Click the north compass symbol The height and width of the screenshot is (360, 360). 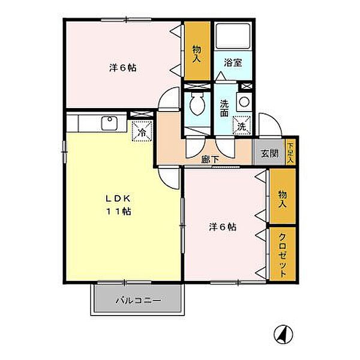pyautogui.click(x=284, y=334)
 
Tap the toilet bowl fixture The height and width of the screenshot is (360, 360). pyautogui.click(x=197, y=104)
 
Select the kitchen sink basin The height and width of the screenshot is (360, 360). pyautogui.click(x=110, y=123)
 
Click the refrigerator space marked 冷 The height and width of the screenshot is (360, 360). pyautogui.click(x=142, y=131)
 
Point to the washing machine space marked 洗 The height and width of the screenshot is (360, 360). pyautogui.click(x=242, y=126)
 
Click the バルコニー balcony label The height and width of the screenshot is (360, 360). pyautogui.click(x=138, y=301)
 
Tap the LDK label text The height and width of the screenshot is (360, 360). pyautogui.click(x=118, y=199)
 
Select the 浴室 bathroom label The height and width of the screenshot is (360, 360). pyautogui.click(x=233, y=63)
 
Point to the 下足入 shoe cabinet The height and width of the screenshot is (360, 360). pyautogui.click(x=290, y=152)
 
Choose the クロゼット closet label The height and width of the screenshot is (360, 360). pyautogui.click(x=283, y=255)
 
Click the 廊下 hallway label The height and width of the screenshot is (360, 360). pyautogui.click(x=210, y=160)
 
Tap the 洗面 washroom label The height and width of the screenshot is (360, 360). pyautogui.click(x=224, y=109)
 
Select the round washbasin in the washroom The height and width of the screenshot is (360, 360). pyautogui.click(x=244, y=101)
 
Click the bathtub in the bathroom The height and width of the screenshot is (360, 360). pyautogui.click(x=233, y=35)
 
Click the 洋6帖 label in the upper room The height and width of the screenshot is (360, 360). pyautogui.click(x=122, y=68)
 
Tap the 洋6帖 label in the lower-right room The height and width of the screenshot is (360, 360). pyautogui.click(x=223, y=227)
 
